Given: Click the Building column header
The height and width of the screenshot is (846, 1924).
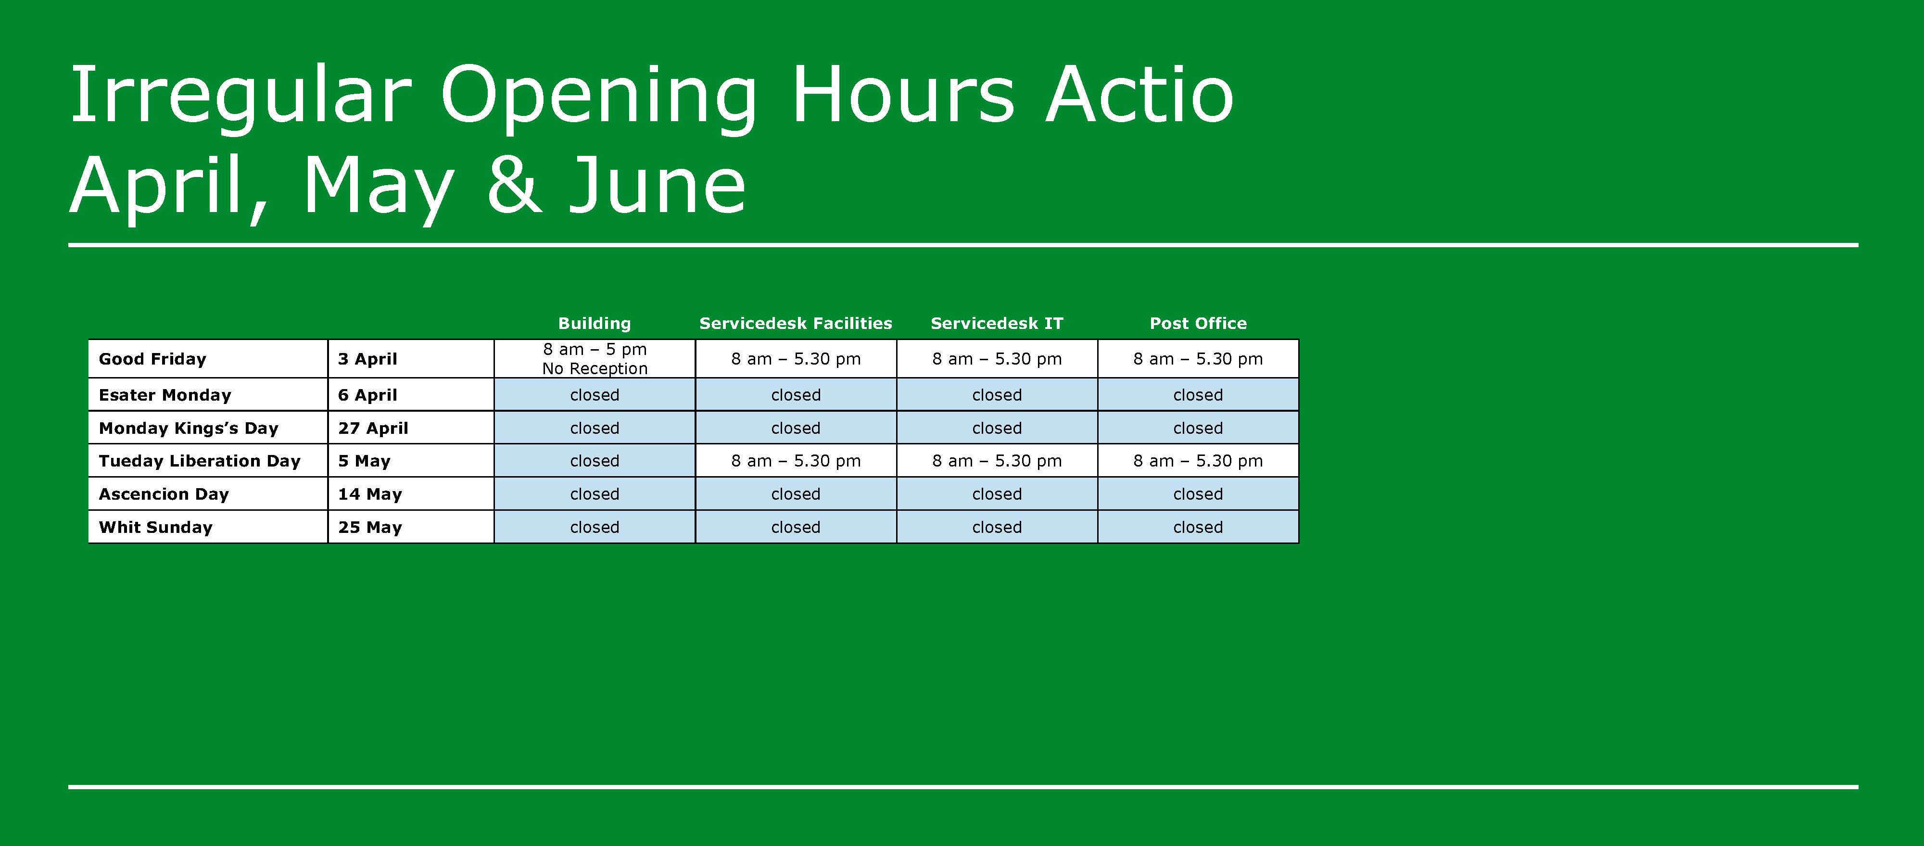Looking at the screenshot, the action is pos(595,323).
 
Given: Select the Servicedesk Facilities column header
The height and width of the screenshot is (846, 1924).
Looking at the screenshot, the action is pos(796,323).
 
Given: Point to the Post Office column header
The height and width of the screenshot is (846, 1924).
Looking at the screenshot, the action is pos(1198,323).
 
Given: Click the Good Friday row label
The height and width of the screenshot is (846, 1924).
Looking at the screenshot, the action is pos(152,359).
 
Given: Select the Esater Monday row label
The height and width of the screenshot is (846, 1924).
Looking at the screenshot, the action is pos(165,395).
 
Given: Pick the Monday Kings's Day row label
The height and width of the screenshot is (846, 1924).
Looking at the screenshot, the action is pos(188,428).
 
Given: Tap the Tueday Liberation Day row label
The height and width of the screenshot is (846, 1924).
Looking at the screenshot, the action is pos(200,461).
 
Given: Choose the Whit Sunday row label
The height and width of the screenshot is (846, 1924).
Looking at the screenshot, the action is pos(155,527).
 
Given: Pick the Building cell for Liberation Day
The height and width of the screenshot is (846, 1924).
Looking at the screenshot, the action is pos(595,461).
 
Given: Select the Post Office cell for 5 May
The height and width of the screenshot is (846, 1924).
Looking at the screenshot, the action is pos(1198,461).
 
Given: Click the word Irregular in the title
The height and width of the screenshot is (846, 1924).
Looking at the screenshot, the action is pos(240,96).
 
